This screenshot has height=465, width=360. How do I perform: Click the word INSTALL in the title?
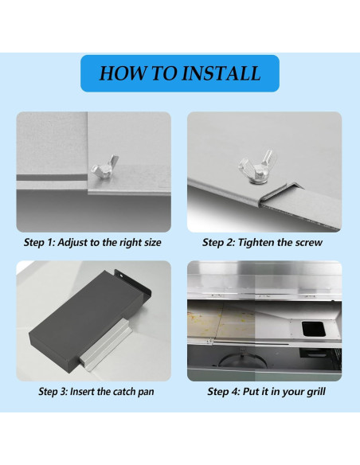[x=221, y=73]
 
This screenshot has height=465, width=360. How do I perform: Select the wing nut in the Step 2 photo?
[x=256, y=166]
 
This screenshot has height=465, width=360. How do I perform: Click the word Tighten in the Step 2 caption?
[x=256, y=243]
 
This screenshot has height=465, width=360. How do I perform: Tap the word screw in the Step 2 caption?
[x=311, y=243]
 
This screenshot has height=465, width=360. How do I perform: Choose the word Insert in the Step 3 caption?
[x=82, y=392]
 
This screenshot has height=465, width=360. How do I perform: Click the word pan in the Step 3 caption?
[x=146, y=393]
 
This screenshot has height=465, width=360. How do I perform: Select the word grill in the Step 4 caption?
[x=318, y=392]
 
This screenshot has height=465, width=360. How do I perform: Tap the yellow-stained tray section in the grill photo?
[x=221, y=320]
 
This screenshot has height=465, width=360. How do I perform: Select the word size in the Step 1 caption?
[x=153, y=243]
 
